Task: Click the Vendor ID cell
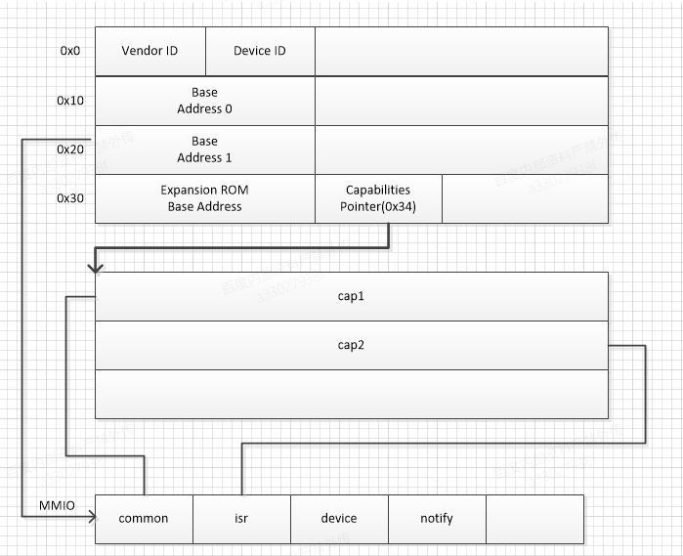tap(149, 51)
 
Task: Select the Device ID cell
tap(260, 51)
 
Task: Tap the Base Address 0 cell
tap(204, 101)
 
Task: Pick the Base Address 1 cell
tap(204, 150)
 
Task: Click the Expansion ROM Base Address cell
tap(204, 198)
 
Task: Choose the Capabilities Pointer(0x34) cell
tap(377, 198)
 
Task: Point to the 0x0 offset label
tap(69, 51)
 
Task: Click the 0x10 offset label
tap(69, 100)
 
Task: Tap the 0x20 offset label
tap(69, 149)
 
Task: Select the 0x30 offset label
tap(69, 197)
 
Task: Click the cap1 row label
tap(351, 296)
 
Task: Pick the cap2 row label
tap(351, 345)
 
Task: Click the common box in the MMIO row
tap(144, 519)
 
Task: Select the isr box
tap(241, 519)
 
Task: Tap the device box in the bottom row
tap(339, 519)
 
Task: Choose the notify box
tap(437, 519)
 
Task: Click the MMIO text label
tap(57, 505)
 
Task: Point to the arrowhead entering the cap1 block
tap(91, 267)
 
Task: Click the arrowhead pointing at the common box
tap(89, 513)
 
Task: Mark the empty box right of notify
tap(534, 519)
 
